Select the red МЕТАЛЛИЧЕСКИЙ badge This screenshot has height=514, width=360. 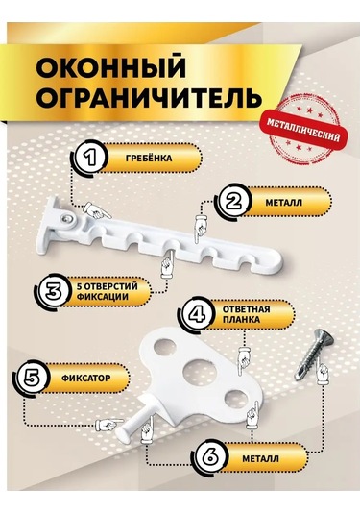click(310, 135)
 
